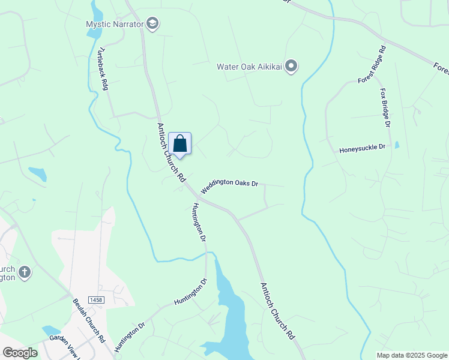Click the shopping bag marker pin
tap(179, 143)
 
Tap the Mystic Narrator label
tap(115, 24)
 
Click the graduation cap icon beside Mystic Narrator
tap(152, 24)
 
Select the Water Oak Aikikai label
tap(250, 66)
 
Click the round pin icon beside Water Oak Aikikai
tap(291, 66)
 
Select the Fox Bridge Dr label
tap(385, 108)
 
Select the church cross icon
tap(25, 272)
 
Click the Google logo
tap(20, 352)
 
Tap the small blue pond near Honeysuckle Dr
tap(397, 145)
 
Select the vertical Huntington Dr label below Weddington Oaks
tap(199, 223)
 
